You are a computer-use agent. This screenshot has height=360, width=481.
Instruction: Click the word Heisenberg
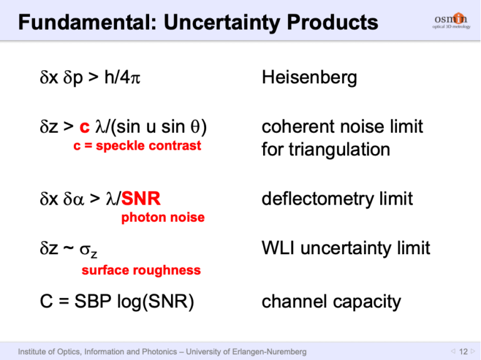(x=309, y=78)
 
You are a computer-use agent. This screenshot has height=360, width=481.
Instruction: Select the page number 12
(x=463, y=352)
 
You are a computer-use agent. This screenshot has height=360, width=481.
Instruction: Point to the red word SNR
(x=141, y=200)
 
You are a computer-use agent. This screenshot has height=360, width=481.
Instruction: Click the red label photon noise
(x=162, y=218)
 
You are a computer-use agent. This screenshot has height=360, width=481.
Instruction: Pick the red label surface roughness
(x=141, y=270)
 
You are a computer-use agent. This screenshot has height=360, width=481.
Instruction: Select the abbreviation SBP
(x=90, y=302)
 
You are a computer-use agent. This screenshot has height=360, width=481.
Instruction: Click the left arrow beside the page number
(x=453, y=352)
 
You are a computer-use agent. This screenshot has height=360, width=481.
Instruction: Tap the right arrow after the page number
(x=473, y=352)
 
